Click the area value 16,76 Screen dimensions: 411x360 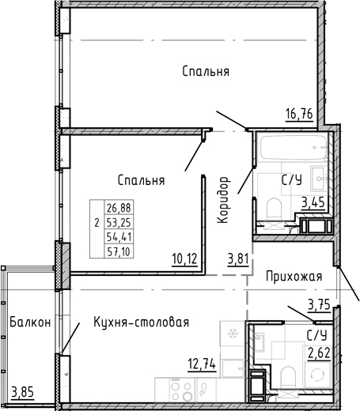[x=300, y=114]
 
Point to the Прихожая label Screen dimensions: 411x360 [x=294, y=276]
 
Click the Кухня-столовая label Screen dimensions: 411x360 [x=140, y=322]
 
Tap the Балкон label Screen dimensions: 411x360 [x=32, y=322]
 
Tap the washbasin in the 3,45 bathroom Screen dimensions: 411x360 [x=318, y=175]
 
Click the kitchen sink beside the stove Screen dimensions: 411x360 [x=204, y=389]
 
